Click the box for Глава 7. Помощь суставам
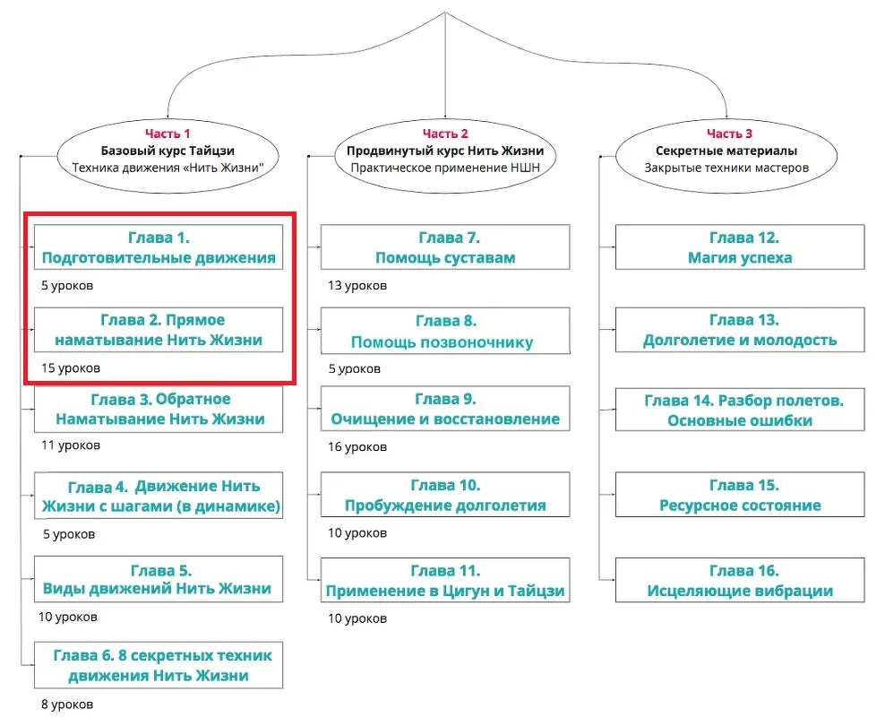[x=445, y=248]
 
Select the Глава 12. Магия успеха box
[x=739, y=248]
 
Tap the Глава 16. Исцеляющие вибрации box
[x=739, y=581]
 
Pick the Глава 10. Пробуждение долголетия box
[x=445, y=496]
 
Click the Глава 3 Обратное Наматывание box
[x=159, y=409]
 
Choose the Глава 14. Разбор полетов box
[x=739, y=410]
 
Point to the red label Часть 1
[x=168, y=134]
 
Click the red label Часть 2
[x=445, y=134]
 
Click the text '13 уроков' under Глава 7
[x=357, y=286]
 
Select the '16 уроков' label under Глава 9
[x=357, y=446]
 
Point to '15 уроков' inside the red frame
[x=71, y=368]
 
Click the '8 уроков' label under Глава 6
[x=67, y=704]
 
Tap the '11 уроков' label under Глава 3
[x=71, y=445]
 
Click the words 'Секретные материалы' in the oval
[x=726, y=151]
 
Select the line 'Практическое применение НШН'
[x=445, y=167]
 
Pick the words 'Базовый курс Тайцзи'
[x=168, y=151]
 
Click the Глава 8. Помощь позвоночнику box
[x=445, y=331]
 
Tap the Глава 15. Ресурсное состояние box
[x=739, y=496]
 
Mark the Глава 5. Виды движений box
[x=159, y=579]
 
